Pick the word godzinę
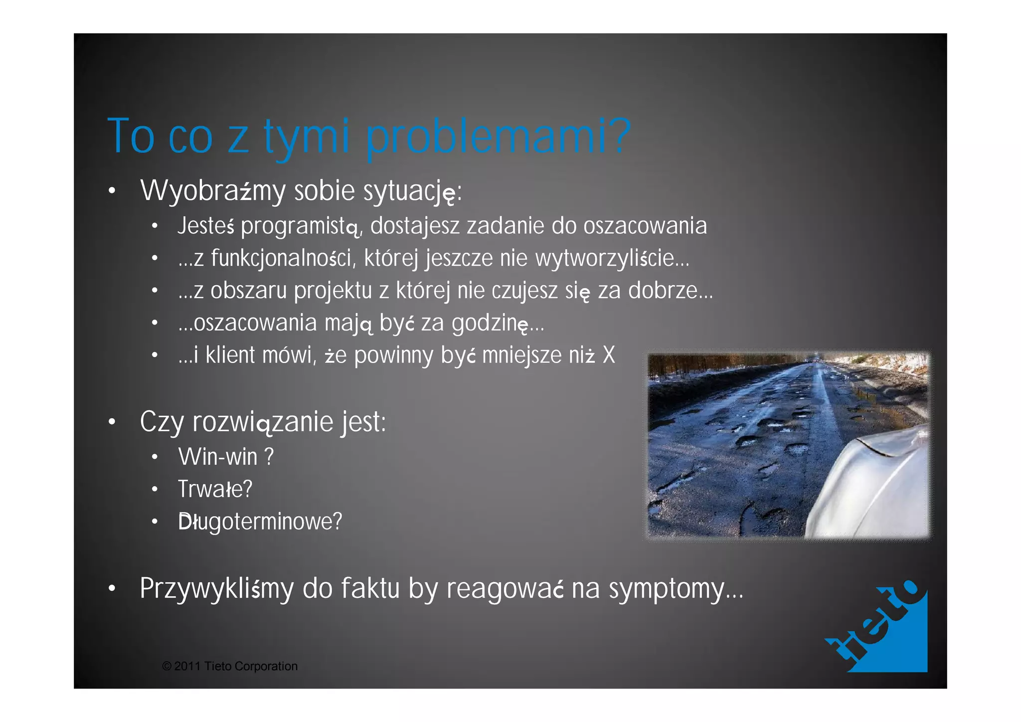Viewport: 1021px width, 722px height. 490,324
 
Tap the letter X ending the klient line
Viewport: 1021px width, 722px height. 609,356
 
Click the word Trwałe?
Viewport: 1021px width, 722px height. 215,489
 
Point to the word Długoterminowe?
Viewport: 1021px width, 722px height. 260,522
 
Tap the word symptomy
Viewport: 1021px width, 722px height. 667,589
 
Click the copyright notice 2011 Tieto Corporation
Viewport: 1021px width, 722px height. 230,667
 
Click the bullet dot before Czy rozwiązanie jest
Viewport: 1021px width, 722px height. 112,422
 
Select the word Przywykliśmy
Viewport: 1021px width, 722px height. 217,589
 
